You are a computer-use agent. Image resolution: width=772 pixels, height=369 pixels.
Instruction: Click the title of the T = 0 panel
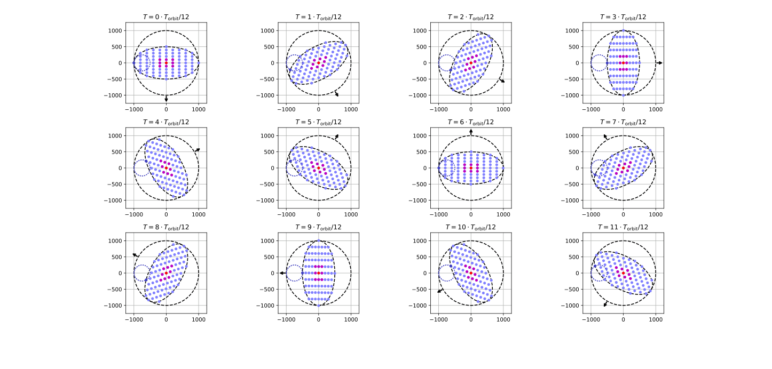[x=166, y=17]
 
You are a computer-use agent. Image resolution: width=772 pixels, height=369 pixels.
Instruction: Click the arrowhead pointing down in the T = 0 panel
[x=166, y=100]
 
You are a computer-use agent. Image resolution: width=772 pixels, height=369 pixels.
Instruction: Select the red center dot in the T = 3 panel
[x=623, y=63]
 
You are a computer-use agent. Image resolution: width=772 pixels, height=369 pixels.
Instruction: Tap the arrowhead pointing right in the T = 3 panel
[x=660, y=63]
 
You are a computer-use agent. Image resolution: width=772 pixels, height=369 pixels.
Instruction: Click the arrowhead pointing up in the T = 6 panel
[x=471, y=131]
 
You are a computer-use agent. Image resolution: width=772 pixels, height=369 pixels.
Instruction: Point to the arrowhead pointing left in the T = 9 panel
[x=281, y=273]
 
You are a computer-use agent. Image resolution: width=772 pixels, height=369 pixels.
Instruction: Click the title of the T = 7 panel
[x=623, y=122]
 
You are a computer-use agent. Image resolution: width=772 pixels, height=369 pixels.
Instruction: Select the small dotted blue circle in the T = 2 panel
[x=446, y=63]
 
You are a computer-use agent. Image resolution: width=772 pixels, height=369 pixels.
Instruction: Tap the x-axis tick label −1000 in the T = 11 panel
[x=590, y=319]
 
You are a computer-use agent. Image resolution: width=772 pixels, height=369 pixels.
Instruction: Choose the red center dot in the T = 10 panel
[x=471, y=273]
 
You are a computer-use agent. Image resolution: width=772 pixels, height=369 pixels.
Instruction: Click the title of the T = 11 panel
[x=623, y=227]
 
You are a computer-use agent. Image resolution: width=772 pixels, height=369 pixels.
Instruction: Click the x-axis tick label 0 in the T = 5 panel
[x=319, y=214]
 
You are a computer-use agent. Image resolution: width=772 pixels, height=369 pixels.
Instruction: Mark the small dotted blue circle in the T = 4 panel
[x=141, y=168]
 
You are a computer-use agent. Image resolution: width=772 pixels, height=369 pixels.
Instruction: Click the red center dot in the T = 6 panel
[x=471, y=168]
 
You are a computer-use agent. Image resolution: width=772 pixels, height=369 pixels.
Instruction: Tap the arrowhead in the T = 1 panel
[x=337, y=94]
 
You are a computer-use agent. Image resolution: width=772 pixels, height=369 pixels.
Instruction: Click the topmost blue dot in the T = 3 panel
[x=623, y=30]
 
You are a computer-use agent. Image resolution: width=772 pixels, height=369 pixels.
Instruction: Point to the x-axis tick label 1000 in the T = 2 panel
[x=503, y=109]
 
